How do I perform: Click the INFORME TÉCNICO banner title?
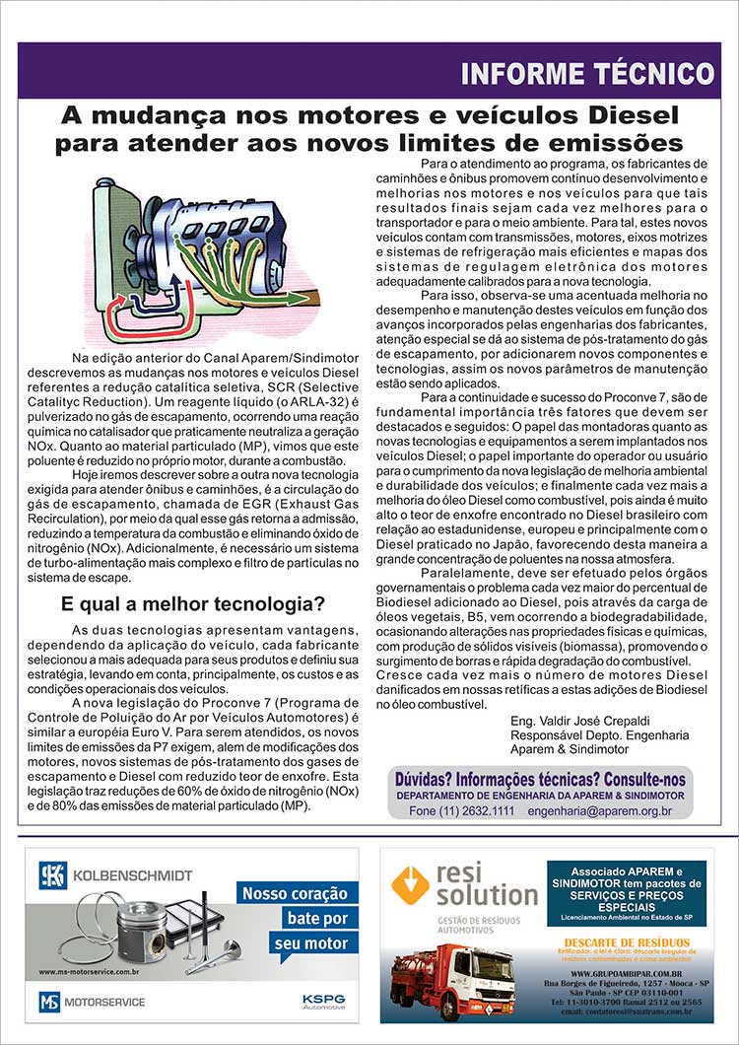(587, 74)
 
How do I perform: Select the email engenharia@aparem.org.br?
(599, 810)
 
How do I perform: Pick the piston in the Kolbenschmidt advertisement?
(141, 933)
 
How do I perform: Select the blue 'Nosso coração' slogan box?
(296, 894)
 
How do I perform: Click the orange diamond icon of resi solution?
(409, 884)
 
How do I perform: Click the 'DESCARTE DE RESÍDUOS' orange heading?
(626, 941)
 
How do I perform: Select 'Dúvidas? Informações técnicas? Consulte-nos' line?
(538, 777)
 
